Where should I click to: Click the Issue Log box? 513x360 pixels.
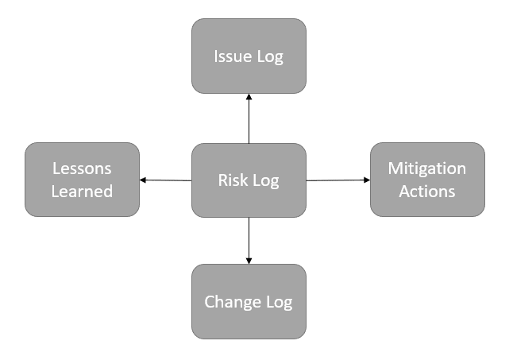point(249,56)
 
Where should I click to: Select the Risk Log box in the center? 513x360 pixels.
point(249,180)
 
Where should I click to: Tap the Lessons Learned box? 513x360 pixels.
point(82,180)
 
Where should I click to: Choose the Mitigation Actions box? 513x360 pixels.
point(427,180)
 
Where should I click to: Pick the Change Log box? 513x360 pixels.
point(249,302)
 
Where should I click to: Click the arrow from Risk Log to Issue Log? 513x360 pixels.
point(249,118)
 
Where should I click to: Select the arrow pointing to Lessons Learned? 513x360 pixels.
point(166,180)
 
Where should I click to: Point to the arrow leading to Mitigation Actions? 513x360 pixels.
point(338,180)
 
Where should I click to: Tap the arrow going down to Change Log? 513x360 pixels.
point(249,241)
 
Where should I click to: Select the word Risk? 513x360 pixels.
point(231,180)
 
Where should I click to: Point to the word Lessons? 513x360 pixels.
point(82,168)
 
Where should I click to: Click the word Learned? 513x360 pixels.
point(82,192)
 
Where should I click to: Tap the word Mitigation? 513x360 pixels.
point(427,168)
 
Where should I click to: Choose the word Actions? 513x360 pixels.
point(427,192)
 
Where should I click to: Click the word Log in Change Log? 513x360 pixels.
point(278,303)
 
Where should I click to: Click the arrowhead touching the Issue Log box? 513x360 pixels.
point(249,97)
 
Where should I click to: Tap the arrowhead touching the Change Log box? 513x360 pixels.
point(249,260)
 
